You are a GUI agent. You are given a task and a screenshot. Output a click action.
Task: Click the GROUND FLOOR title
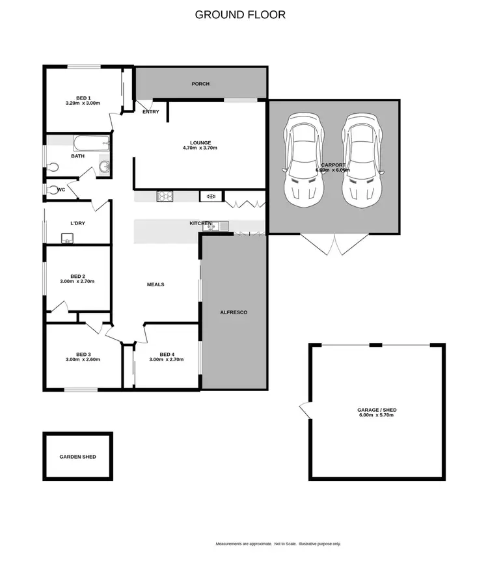click(x=240, y=14)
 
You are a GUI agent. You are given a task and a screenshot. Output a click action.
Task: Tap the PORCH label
click(x=200, y=84)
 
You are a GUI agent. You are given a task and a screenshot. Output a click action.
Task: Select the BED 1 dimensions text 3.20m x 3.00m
click(x=83, y=103)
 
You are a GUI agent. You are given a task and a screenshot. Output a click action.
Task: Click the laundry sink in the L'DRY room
click(x=66, y=239)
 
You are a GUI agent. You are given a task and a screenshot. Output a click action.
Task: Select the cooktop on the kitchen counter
click(x=163, y=196)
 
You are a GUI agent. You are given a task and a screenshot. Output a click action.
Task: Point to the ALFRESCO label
click(x=234, y=312)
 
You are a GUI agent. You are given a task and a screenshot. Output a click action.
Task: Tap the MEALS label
click(x=156, y=284)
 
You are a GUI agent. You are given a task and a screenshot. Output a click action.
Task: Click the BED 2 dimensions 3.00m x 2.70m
click(x=77, y=281)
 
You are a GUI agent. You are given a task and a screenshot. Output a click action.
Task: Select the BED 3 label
click(x=83, y=354)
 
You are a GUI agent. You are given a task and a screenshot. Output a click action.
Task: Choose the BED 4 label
click(x=167, y=354)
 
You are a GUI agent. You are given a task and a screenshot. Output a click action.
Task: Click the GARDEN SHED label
click(x=77, y=457)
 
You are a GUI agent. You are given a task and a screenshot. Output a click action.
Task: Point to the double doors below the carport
click(x=334, y=244)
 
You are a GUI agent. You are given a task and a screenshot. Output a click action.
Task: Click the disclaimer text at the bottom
click(x=278, y=544)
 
